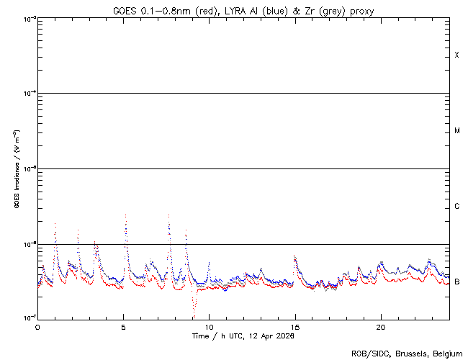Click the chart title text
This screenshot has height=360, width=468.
coord(243,11)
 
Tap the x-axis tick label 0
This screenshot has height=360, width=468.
coord(37,327)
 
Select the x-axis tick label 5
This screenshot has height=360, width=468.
coord(123,327)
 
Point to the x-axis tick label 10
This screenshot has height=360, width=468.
coord(209,327)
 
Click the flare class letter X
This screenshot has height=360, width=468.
coord(457,55)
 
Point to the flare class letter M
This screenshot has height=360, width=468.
coord(457,131)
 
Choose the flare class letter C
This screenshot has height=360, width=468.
coord(457,207)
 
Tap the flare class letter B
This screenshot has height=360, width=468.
coord(457,282)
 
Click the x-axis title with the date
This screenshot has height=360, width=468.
coord(243,336)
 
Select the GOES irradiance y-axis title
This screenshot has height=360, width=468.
coord(16,168)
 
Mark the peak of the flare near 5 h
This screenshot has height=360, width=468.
coord(126,215)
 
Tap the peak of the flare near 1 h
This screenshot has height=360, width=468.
coord(55,223)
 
